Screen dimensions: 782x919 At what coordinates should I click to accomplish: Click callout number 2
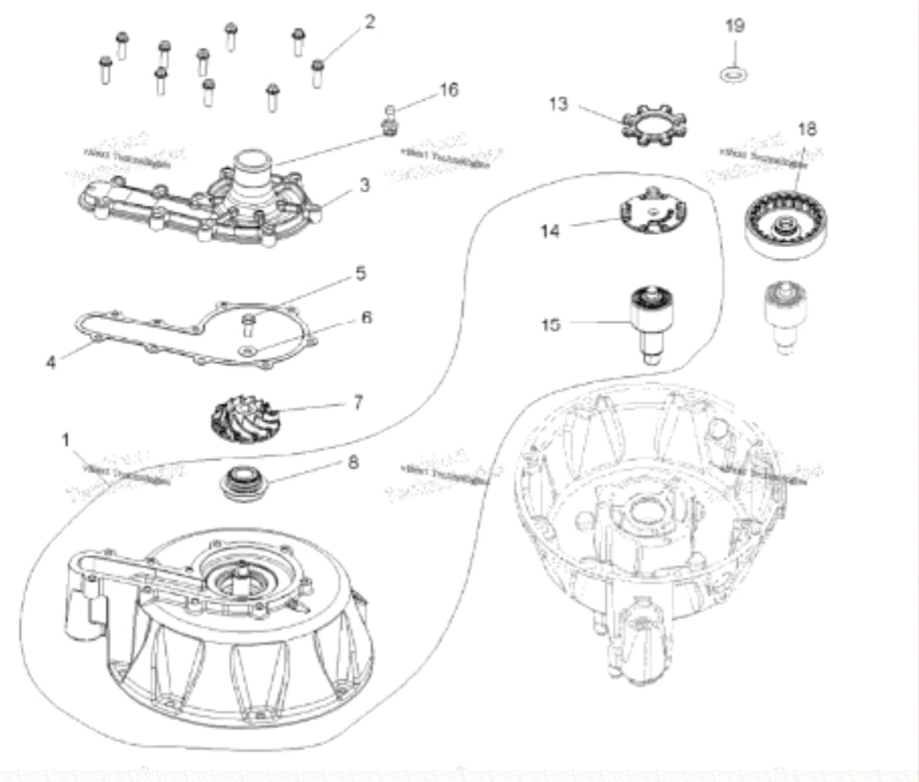tap(369, 23)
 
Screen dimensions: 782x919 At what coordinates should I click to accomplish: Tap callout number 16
tap(448, 89)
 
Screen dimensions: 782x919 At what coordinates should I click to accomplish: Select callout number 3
tap(365, 185)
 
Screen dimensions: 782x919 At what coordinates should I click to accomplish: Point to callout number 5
tap(361, 273)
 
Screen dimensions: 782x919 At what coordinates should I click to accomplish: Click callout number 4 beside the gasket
tap(51, 360)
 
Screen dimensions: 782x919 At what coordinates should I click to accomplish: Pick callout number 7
tap(358, 402)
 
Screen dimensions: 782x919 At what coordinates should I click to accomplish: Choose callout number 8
tap(352, 462)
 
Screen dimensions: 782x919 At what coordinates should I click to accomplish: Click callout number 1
tap(65, 440)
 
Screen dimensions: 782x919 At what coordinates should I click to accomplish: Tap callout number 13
tap(558, 104)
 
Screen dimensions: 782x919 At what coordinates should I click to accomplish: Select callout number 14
tap(550, 231)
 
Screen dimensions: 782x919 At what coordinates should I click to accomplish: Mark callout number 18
tap(806, 129)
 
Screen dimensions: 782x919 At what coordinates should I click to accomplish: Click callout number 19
tap(733, 25)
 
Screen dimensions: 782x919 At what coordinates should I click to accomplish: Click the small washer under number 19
tap(733, 74)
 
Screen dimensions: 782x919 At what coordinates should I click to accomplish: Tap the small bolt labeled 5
tap(249, 324)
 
